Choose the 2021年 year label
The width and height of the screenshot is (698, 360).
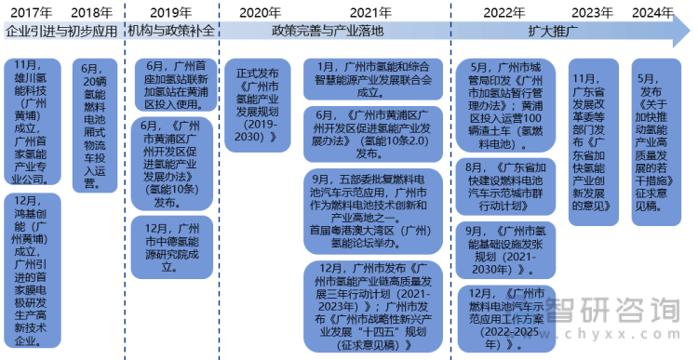coord(370,12)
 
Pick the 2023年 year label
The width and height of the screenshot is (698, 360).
coord(592,12)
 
